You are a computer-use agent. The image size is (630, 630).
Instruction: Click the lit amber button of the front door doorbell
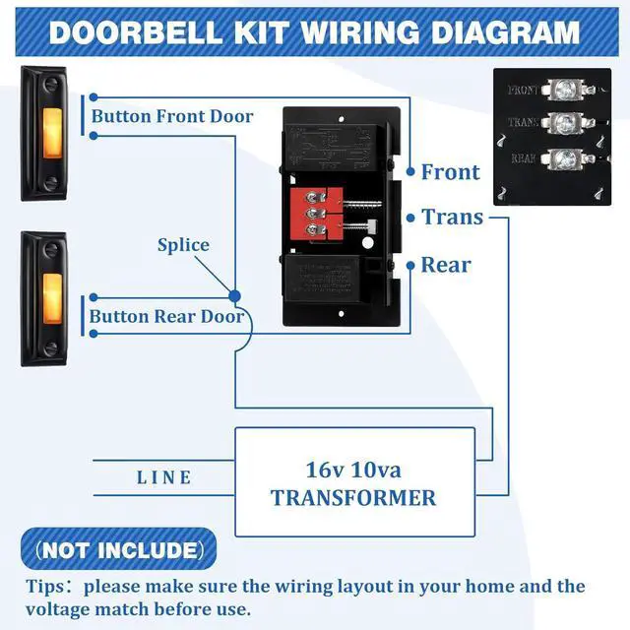pyautogui.click(x=44, y=133)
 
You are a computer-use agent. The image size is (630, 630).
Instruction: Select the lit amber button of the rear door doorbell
pyautogui.click(x=44, y=296)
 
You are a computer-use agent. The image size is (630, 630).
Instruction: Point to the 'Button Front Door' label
pyautogui.click(x=172, y=116)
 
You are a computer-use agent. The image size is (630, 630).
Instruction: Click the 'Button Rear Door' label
pyautogui.click(x=166, y=316)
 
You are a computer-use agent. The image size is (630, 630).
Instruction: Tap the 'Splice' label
pyautogui.click(x=183, y=245)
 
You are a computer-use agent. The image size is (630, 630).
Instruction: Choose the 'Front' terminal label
pyautogui.click(x=451, y=172)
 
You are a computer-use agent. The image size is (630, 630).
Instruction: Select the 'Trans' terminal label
pyautogui.click(x=453, y=217)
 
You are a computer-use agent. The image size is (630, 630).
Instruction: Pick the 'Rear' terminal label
pyautogui.click(x=446, y=265)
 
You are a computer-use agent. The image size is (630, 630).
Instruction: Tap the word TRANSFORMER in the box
pyautogui.click(x=353, y=498)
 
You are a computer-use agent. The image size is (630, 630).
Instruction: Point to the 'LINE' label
pyautogui.click(x=164, y=477)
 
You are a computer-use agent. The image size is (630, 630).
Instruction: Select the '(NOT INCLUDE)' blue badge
pyautogui.click(x=118, y=549)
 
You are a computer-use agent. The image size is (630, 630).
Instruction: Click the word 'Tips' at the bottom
pyautogui.click(x=46, y=587)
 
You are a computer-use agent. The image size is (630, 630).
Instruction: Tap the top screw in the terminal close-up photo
pyautogui.click(x=565, y=89)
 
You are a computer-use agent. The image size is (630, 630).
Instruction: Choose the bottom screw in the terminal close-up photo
pyautogui.click(x=565, y=158)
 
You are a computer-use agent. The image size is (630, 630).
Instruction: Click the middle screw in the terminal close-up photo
pyautogui.click(x=565, y=123)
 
